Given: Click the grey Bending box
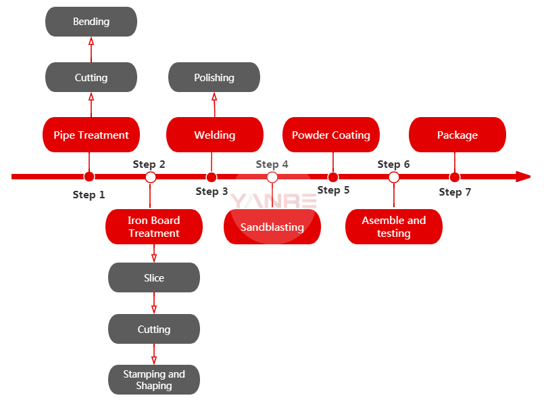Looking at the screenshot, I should click(x=91, y=22).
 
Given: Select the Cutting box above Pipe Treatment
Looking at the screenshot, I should click(x=91, y=77).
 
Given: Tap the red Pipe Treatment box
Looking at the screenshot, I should click(x=91, y=135).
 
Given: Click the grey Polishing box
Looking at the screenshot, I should click(x=214, y=77).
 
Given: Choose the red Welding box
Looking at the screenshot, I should click(x=214, y=135).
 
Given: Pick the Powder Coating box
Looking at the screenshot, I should click(x=331, y=135).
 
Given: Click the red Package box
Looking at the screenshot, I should click(x=457, y=135).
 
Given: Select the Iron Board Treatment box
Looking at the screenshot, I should click(x=154, y=227).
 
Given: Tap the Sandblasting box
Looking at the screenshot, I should click(x=272, y=227).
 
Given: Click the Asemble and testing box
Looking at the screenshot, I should click(x=394, y=227).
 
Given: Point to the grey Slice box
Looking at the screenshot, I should click(x=154, y=277).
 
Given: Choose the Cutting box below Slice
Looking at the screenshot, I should click(x=154, y=329).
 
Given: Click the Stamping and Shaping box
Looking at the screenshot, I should click(x=154, y=380).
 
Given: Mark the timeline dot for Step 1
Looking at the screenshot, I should click(x=89, y=177).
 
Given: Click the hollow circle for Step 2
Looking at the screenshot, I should click(x=151, y=177).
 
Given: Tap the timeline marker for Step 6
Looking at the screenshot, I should click(x=394, y=177).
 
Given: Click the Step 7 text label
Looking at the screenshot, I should click(x=455, y=192).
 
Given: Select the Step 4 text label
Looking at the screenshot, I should click(x=272, y=164).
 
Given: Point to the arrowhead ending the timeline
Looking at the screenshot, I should click(x=523, y=177).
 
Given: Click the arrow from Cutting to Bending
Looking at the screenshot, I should click(x=91, y=49).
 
